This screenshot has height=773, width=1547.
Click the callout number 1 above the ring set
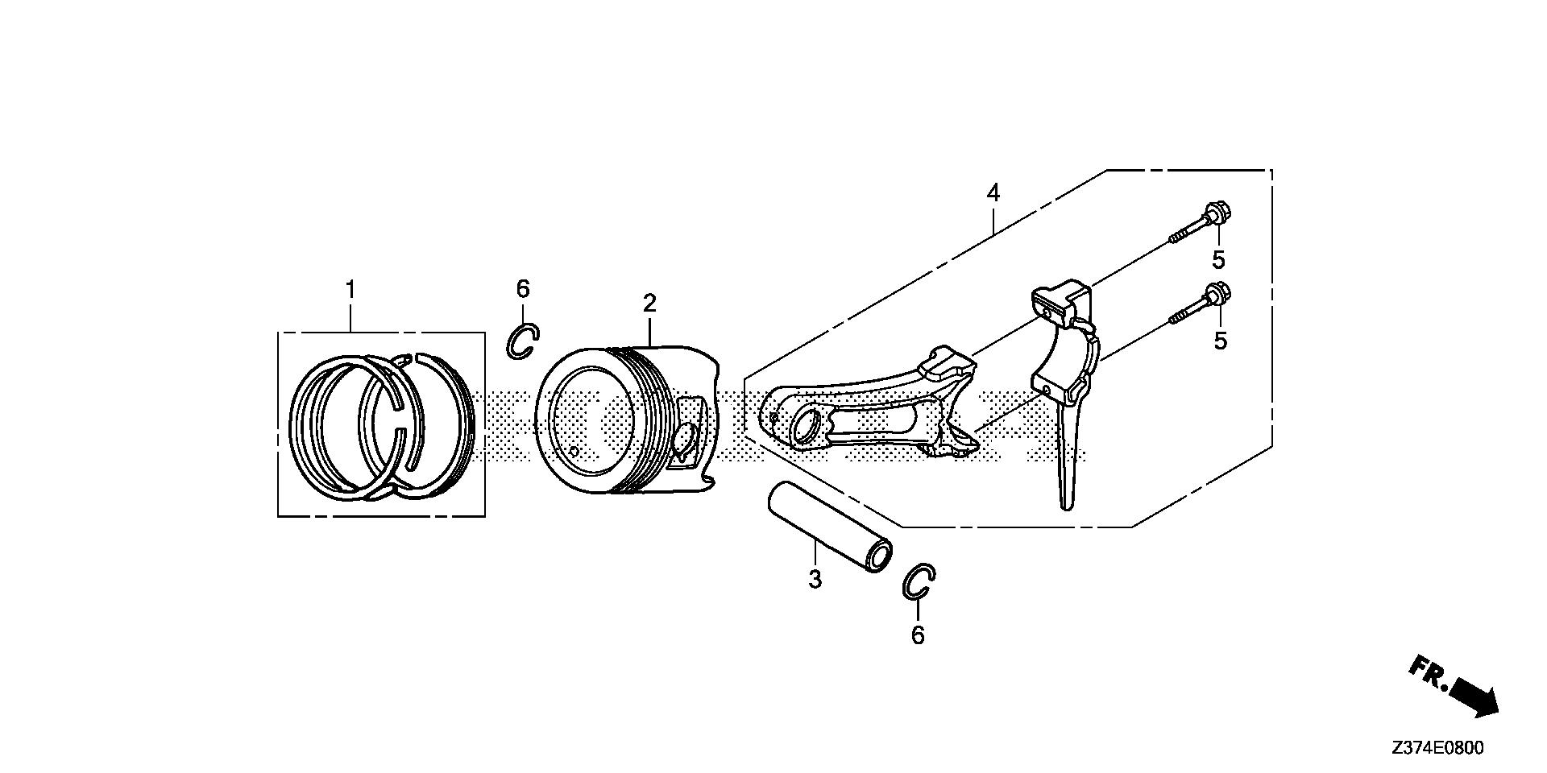350,289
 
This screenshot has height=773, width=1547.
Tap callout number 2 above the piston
649,304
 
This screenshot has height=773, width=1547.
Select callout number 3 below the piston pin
815,579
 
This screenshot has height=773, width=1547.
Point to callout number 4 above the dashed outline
993,193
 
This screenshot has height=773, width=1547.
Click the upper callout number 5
1218,260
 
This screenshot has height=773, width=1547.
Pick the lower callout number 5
1221,341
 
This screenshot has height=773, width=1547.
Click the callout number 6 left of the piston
523,288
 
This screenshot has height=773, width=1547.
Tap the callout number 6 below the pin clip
918,636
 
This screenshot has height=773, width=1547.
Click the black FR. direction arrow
1474,697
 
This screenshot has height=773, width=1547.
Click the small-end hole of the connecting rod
807,427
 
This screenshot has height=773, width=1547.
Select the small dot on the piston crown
572,452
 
